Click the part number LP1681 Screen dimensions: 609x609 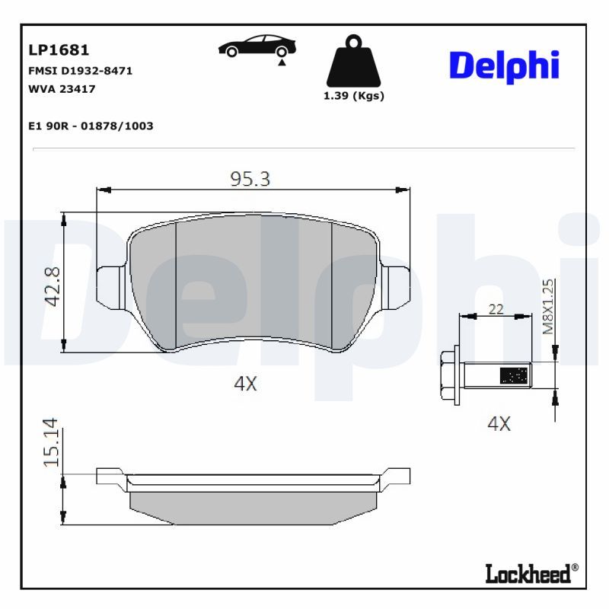coord(59,50)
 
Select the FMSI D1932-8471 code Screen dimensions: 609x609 coord(80,71)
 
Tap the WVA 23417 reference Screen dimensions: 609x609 coord(61,88)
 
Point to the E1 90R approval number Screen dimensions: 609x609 coord(90,126)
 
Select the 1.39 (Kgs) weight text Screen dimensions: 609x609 coord(353,96)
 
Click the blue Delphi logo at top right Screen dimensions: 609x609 coord(504,66)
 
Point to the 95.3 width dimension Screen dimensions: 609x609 coord(250,179)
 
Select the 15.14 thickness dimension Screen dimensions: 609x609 coord(52,442)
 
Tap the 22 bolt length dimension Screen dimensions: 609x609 coord(496,308)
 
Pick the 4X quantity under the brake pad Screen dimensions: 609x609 coord(245,384)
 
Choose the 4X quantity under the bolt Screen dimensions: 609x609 coord(499,424)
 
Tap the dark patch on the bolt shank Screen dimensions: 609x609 coord(513,375)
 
